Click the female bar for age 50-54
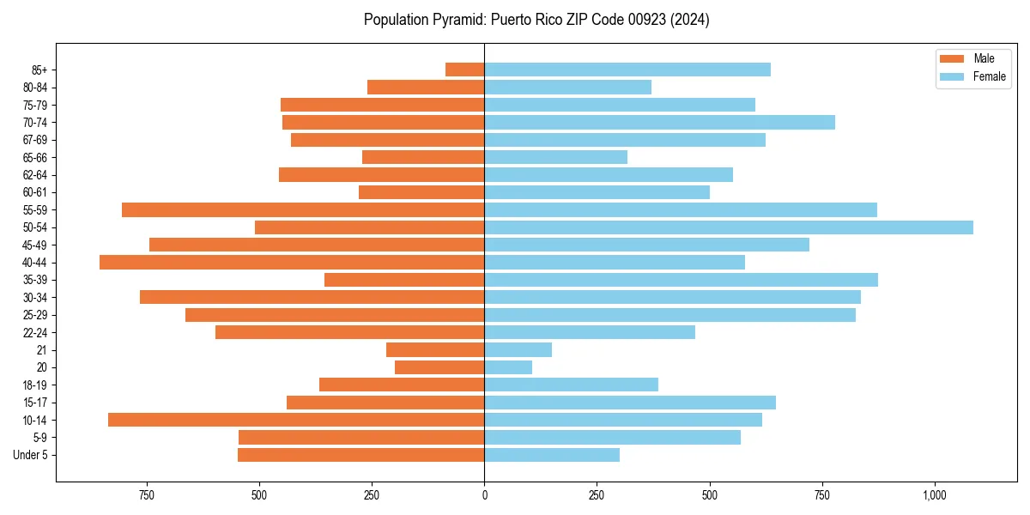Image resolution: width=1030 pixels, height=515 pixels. [x=729, y=227]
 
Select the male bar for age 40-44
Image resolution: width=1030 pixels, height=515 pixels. [x=292, y=263]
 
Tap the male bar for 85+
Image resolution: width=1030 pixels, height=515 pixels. [x=464, y=70]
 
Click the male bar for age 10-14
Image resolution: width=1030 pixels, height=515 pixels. [x=296, y=420]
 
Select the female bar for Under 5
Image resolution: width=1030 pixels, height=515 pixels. [x=552, y=455]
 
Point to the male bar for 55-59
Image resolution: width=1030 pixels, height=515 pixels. [x=303, y=209]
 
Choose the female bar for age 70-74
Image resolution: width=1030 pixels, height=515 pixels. [x=659, y=122]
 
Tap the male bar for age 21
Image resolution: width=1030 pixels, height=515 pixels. [x=435, y=350]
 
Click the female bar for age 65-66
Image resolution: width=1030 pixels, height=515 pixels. [x=555, y=157]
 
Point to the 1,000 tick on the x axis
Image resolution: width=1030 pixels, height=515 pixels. [x=934, y=495]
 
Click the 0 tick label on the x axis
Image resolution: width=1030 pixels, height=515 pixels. [x=484, y=495]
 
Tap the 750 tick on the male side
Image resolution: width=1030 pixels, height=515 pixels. [x=146, y=495]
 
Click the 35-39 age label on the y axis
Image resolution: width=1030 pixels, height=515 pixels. [x=35, y=280]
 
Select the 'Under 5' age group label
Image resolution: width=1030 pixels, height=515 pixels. [x=31, y=455]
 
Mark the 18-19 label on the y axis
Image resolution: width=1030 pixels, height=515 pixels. [x=35, y=385]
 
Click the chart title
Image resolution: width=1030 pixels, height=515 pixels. [x=536, y=19]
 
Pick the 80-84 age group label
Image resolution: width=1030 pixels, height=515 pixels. [x=35, y=88]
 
